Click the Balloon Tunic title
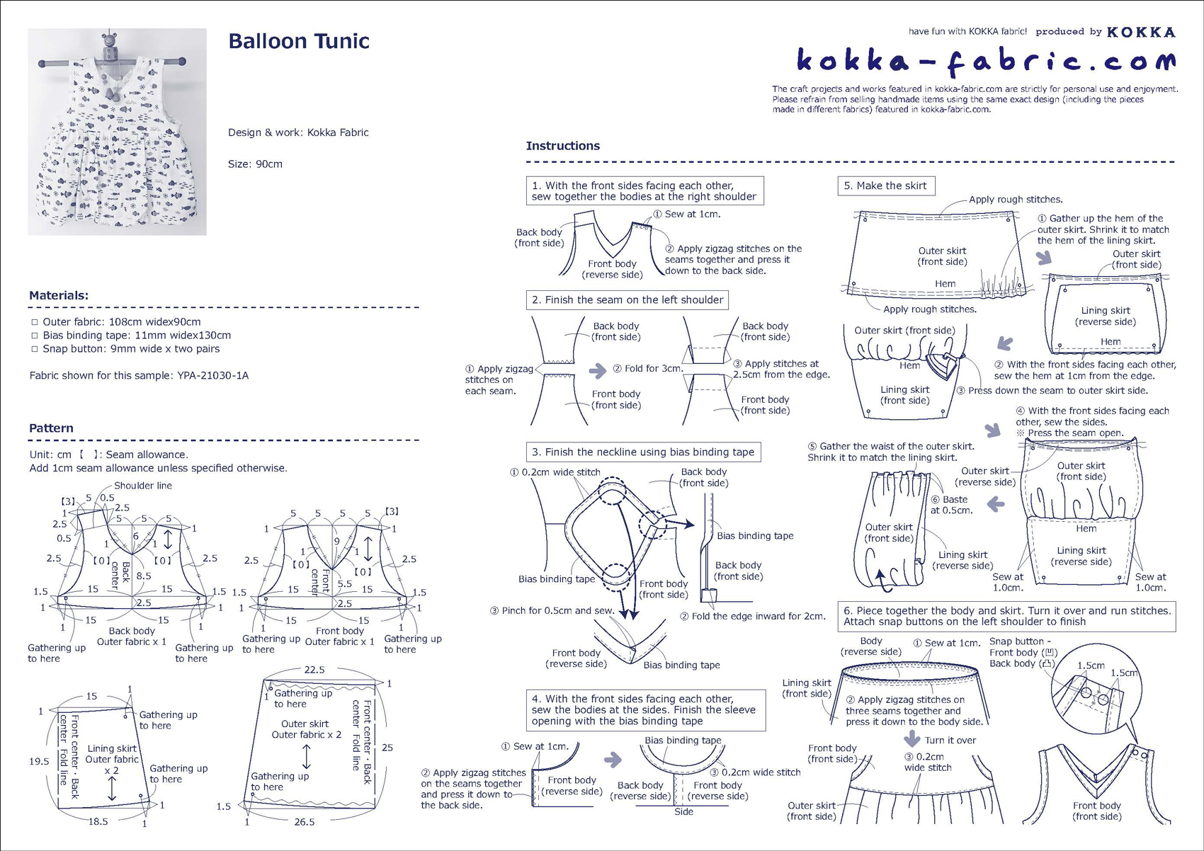[x=298, y=41]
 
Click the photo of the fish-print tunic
[x=117, y=132]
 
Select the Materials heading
[x=59, y=295]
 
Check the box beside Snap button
[x=34, y=349]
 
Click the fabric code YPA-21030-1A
[x=213, y=375]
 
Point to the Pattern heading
[x=51, y=428]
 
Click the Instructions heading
[x=562, y=146]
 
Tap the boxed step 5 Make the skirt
[x=885, y=185]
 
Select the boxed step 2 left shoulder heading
[x=627, y=300]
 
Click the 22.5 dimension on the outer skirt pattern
[x=314, y=670]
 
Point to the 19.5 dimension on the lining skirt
[x=39, y=761]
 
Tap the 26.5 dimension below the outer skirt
[x=305, y=822]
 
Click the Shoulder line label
[x=143, y=486]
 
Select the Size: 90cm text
[x=255, y=164]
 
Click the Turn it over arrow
[x=912, y=739]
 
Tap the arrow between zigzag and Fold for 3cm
[x=598, y=370]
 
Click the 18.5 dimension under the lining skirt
[x=98, y=821]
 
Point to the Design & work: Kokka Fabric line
[x=298, y=132]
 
